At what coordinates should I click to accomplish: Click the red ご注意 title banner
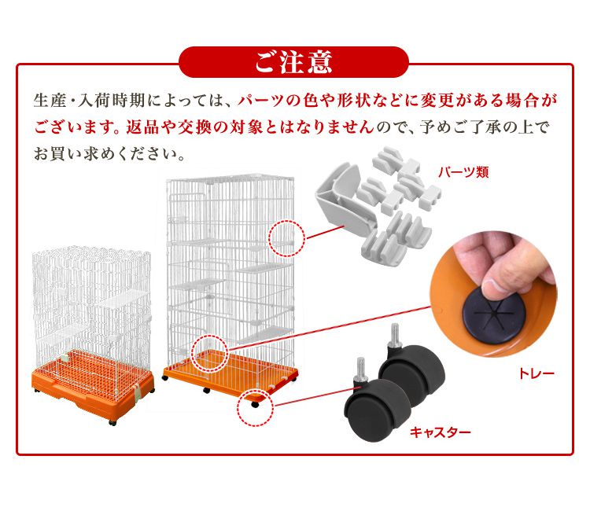293,62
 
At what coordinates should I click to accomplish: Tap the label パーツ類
463,172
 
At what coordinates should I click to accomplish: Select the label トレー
537,373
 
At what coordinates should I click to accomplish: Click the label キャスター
441,432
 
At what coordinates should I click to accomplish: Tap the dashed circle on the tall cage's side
286,239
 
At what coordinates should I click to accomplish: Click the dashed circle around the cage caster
256,407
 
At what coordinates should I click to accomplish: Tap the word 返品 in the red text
141,127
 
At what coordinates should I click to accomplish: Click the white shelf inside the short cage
124,299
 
